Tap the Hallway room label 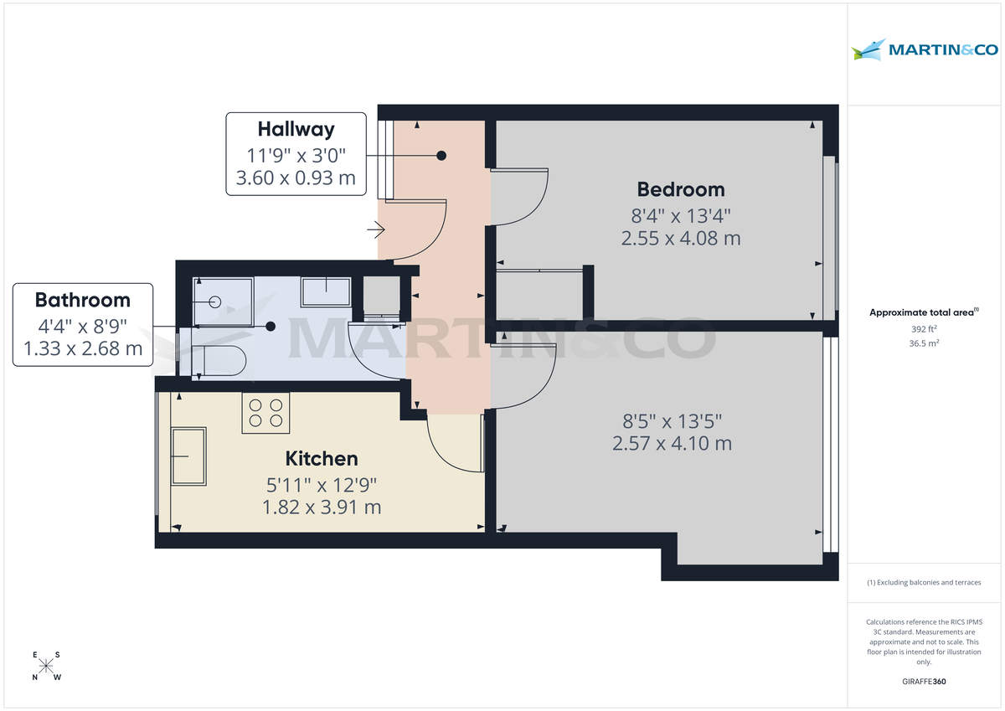[x=296, y=129]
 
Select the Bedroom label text [x=680, y=189]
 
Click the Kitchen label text [x=322, y=459]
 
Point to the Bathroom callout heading [x=82, y=300]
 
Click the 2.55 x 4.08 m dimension [x=680, y=239]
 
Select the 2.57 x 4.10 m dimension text [x=672, y=443]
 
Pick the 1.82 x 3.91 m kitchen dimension [x=322, y=507]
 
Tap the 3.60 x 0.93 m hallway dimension [x=296, y=178]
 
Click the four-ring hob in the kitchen [x=265, y=413]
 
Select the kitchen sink [x=188, y=456]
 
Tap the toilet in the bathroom [x=219, y=360]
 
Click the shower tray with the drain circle [x=223, y=301]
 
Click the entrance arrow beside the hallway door [x=375, y=229]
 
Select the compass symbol [x=47, y=667]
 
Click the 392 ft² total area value [x=925, y=329]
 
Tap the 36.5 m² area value [x=925, y=343]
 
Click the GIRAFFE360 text [x=925, y=682]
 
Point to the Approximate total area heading [x=923, y=312]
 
